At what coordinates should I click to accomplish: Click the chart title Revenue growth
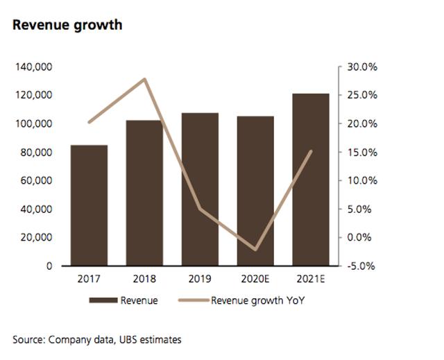click(x=67, y=26)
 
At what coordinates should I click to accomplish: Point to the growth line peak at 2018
click(x=144, y=79)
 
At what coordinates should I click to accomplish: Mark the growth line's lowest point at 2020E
click(x=255, y=249)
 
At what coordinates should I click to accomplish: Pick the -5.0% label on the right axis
click(x=361, y=266)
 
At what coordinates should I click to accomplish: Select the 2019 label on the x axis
click(x=200, y=281)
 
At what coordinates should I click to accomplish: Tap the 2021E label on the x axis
click(x=311, y=281)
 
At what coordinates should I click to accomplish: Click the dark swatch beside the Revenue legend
click(x=103, y=301)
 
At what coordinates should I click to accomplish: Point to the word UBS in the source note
click(x=125, y=339)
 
